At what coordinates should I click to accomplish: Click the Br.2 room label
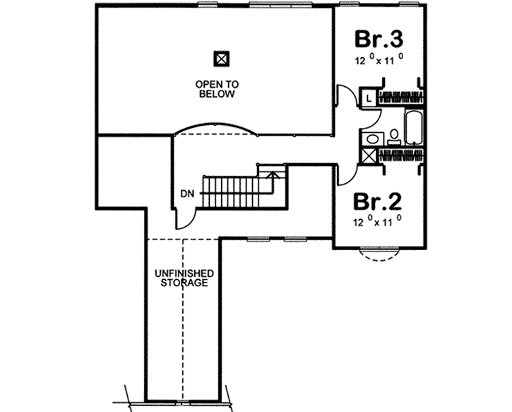[x=378, y=203]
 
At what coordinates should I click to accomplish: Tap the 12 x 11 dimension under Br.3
[x=379, y=61]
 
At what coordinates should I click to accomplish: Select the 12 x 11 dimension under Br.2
[x=378, y=222]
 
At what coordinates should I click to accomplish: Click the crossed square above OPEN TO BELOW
[x=221, y=58]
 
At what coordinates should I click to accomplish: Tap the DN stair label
[x=186, y=192]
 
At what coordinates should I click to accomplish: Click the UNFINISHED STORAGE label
[x=182, y=278]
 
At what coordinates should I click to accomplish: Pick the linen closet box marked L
[x=369, y=98]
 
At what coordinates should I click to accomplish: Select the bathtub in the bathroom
[x=412, y=126]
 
